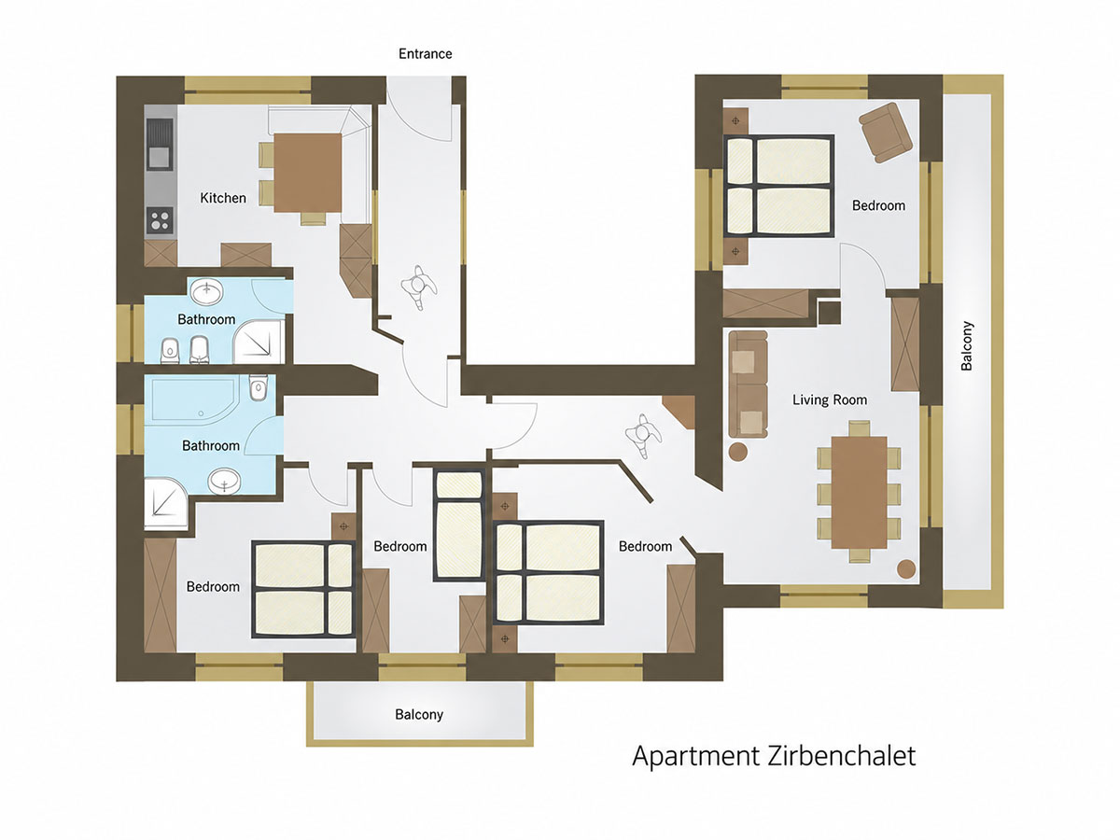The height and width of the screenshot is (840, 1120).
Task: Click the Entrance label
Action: [x=425, y=53]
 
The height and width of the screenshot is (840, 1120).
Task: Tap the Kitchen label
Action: [x=223, y=198]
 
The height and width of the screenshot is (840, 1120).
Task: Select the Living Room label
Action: [x=830, y=399]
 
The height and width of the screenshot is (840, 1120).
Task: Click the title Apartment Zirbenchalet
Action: [x=774, y=756]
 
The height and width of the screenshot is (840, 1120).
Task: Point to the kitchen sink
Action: [x=161, y=144]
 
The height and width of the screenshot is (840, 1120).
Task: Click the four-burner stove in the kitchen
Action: [x=161, y=221]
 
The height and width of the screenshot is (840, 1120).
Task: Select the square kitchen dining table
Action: [x=308, y=173]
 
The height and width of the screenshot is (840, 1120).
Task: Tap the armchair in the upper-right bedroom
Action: [x=886, y=133]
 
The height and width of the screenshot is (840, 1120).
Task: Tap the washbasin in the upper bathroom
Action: [x=206, y=293]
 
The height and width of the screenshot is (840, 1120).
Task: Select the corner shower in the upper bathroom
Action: [x=259, y=343]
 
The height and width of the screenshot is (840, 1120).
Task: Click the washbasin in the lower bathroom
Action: [x=224, y=482]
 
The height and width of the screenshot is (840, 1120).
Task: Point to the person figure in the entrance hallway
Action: [x=419, y=287]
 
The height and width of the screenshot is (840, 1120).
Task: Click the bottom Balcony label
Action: [x=419, y=715]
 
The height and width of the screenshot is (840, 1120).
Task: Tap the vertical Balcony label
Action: [x=967, y=345]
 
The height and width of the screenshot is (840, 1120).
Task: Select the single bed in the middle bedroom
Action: [x=459, y=525]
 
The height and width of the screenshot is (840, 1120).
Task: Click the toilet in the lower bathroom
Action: [x=259, y=389]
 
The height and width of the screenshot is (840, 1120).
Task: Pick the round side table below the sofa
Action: [x=738, y=452]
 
